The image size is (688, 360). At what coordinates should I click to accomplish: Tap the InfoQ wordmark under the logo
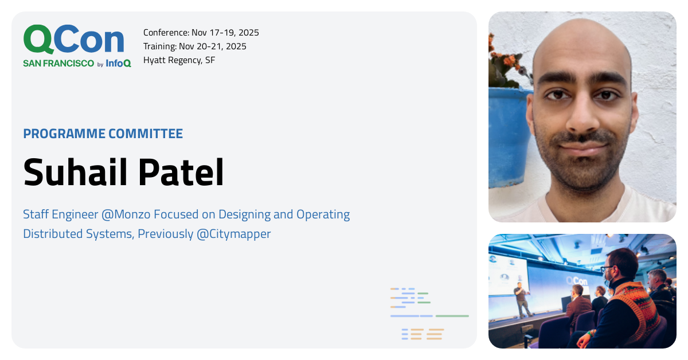[x=119, y=63]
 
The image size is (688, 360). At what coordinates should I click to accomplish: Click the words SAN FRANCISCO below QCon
[x=58, y=63]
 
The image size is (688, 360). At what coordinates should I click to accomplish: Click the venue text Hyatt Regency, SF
[x=179, y=60]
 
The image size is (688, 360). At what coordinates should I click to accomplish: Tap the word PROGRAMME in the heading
[x=64, y=134]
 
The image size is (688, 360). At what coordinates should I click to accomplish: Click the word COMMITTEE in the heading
[x=146, y=134]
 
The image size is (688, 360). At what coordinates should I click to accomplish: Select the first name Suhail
[x=75, y=172]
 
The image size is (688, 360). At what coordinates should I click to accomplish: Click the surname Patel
[x=181, y=172]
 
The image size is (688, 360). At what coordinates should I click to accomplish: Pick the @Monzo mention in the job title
[x=126, y=214]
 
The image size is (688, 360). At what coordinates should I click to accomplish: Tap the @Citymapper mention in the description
[x=234, y=234]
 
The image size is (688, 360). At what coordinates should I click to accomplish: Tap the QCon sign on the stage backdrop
[x=577, y=281]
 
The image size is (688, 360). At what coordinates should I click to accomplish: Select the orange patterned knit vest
[x=638, y=310]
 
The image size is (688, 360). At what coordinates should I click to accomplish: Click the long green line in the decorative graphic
[x=452, y=316]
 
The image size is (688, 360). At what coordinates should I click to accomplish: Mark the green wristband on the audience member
[x=591, y=333]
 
